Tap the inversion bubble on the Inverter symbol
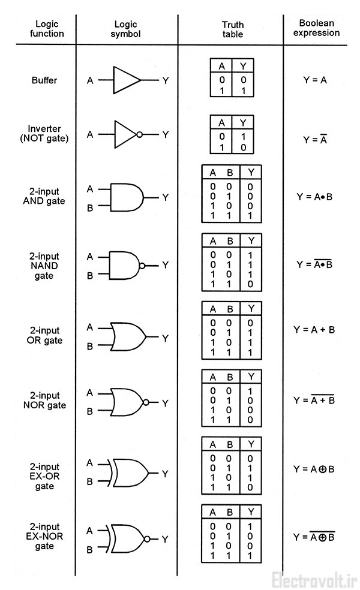coord(139,135)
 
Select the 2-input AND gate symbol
coord(127,198)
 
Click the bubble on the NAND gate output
coord(142,266)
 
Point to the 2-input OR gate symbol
coord(128,338)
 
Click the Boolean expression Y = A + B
coord(314,330)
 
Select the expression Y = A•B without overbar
coord(314,196)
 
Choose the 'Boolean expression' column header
coord(319,28)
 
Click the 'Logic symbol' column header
coord(125,28)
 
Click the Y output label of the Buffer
coord(166,80)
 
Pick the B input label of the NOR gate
coord(90,411)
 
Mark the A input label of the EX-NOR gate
coord(89,530)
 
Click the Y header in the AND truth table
coord(251,173)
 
